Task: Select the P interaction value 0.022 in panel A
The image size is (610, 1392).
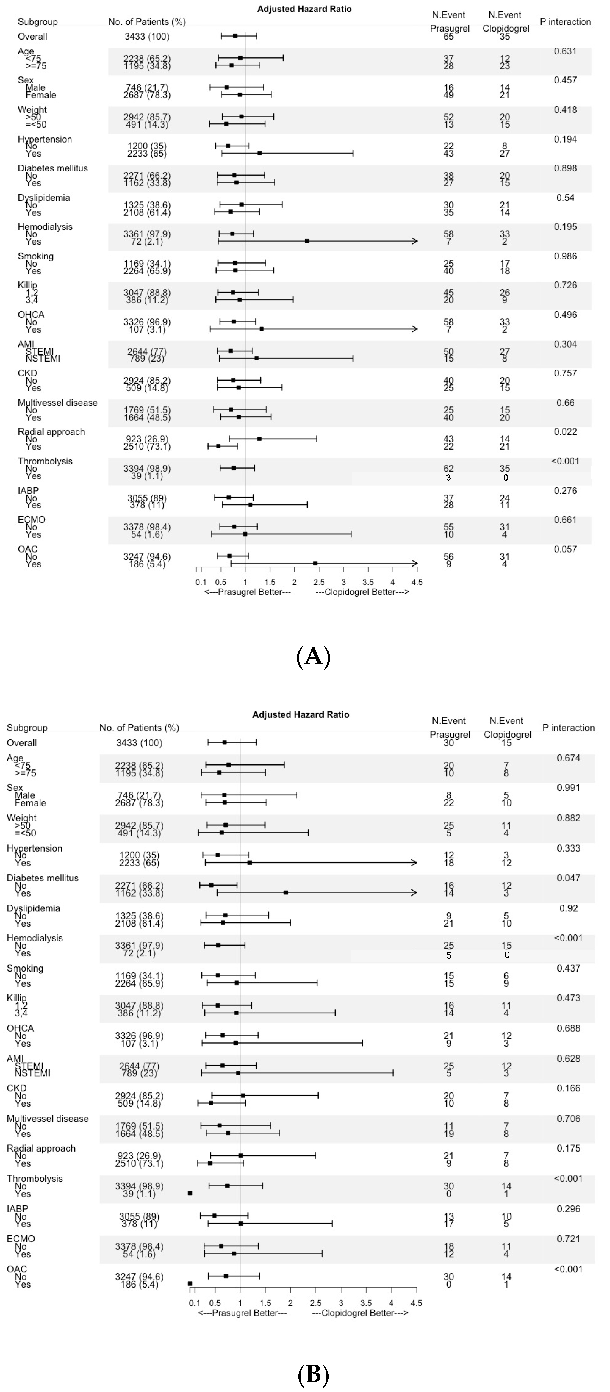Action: (x=565, y=432)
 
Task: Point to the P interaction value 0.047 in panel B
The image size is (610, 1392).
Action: (x=568, y=878)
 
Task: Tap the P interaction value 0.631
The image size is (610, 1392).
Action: (x=565, y=51)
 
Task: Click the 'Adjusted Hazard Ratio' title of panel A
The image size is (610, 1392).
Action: (x=304, y=9)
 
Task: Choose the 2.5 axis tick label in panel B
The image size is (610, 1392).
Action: (x=315, y=1303)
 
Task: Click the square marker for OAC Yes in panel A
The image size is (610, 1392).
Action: (x=315, y=564)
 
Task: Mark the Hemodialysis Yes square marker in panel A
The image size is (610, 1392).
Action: (x=307, y=241)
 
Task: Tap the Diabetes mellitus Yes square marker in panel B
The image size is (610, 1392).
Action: (x=286, y=893)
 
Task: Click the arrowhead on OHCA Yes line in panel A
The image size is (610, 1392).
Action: (x=415, y=329)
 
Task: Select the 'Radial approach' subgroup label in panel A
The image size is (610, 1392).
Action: (x=51, y=432)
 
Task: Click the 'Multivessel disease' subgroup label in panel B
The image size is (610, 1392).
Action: (x=48, y=1119)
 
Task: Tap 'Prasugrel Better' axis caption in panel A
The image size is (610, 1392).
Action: (x=248, y=592)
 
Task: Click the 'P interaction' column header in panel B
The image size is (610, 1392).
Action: (x=568, y=728)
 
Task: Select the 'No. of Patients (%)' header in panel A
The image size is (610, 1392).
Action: (x=147, y=22)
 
